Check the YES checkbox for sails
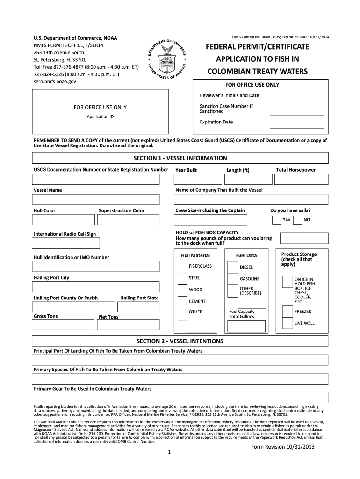coord(276,220)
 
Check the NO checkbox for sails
coord(297,220)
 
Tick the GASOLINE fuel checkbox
coord(232,279)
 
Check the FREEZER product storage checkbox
coord(287,312)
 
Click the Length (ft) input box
coord(246,180)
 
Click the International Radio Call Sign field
coord(65,243)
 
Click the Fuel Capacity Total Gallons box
coord(246,327)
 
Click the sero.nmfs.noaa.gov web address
coord(54,81)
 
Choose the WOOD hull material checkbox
coord(182,290)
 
